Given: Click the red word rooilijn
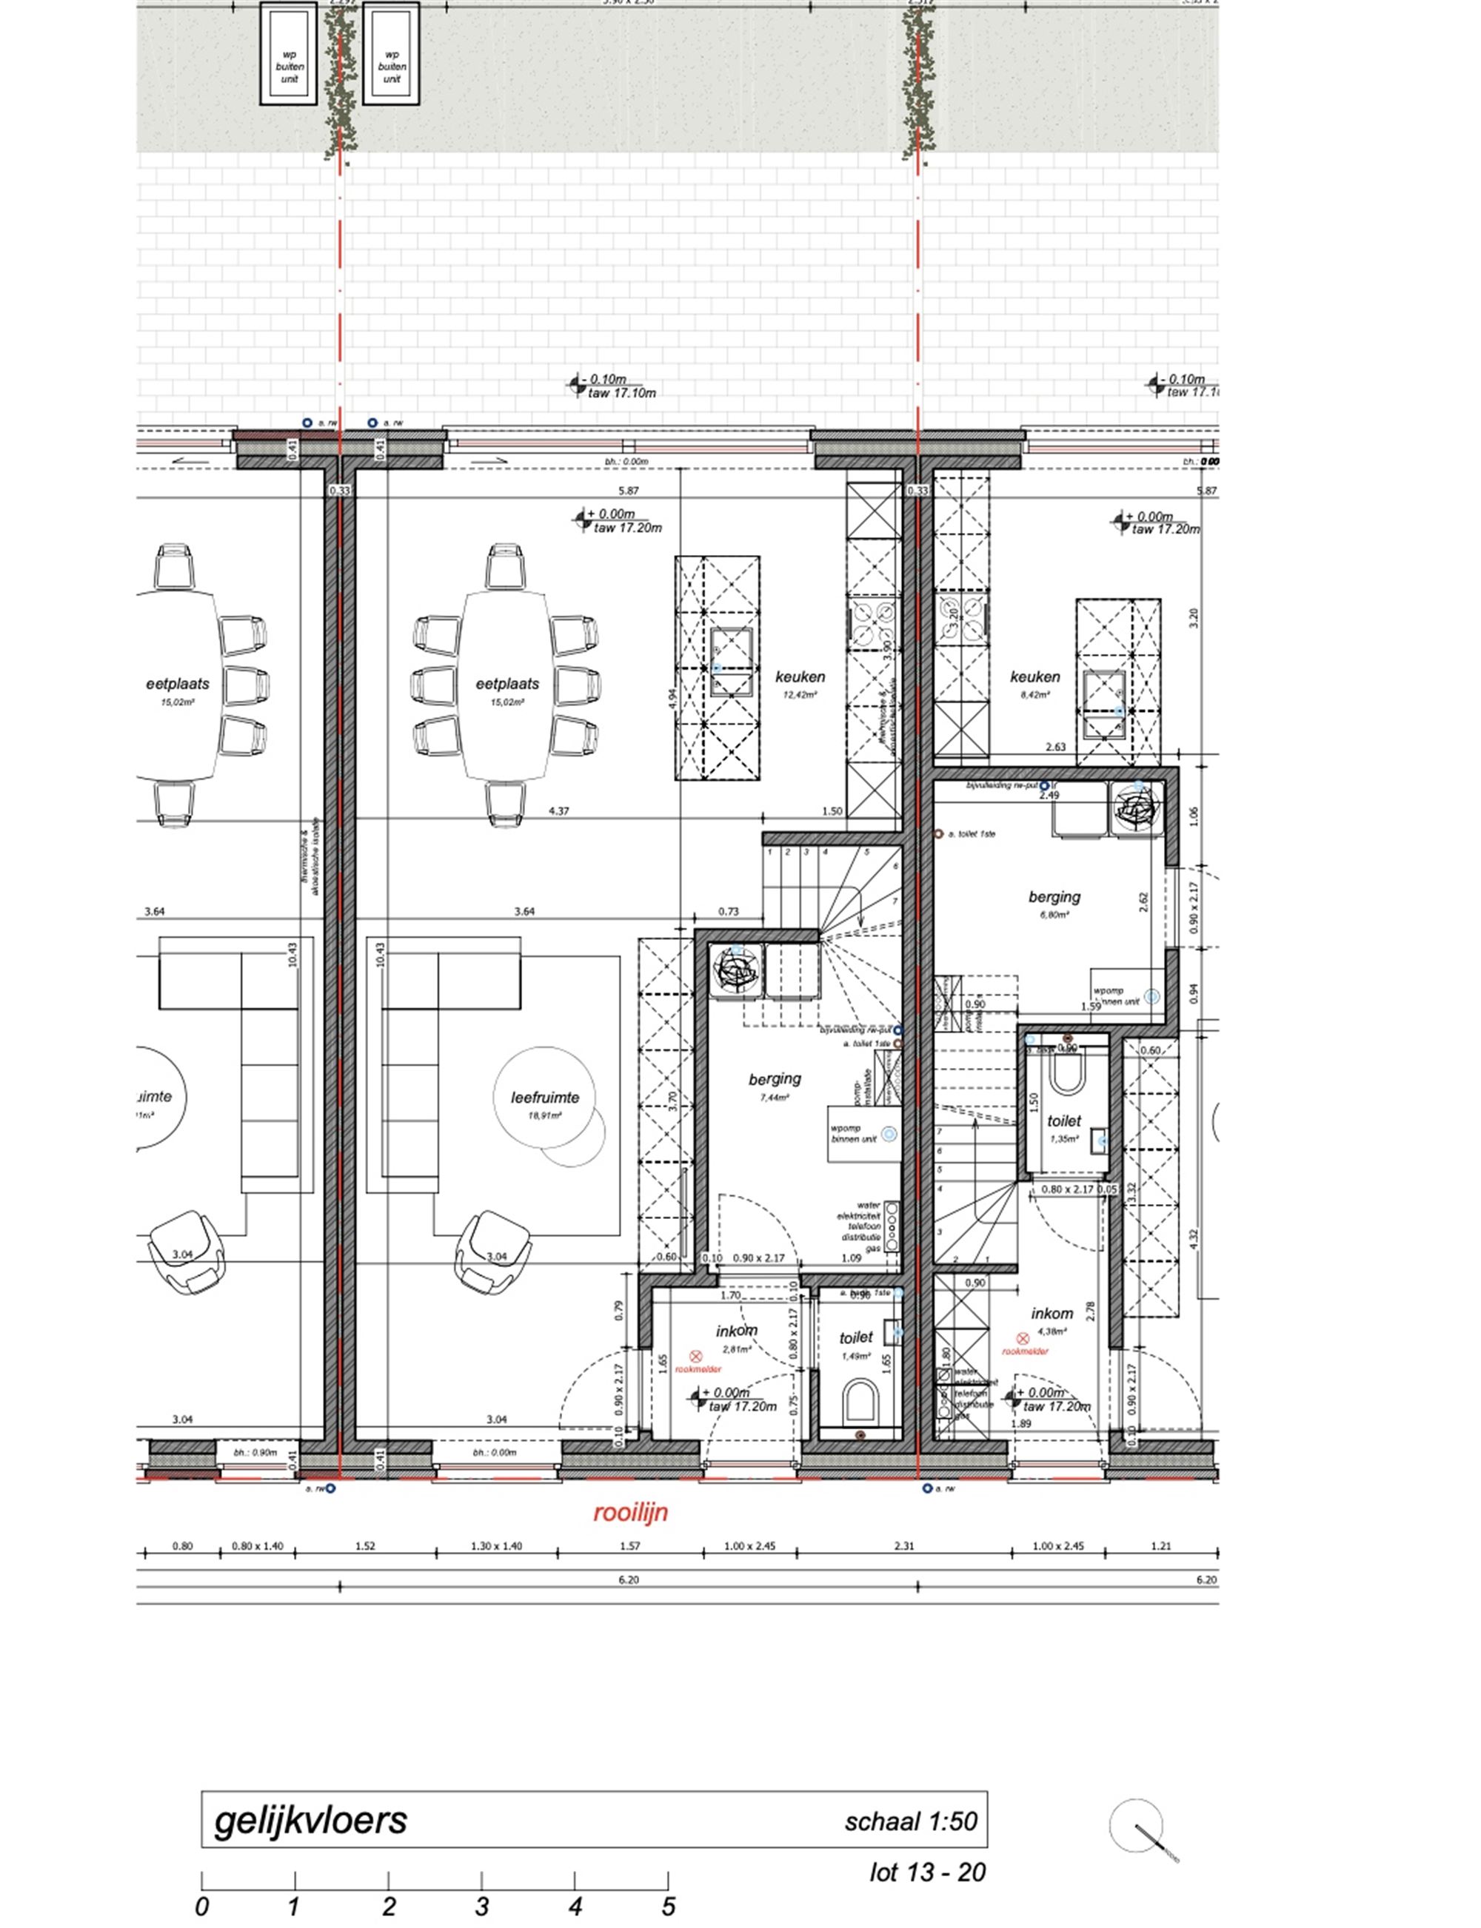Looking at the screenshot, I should pyautogui.click(x=629, y=1512).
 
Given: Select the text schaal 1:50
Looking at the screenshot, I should pyautogui.click(x=911, y=1821).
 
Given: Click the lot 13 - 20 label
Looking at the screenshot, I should pyautogui.click(x=927, y=1872).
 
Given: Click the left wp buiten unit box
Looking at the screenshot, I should pyautogui.click(x=289, y=54).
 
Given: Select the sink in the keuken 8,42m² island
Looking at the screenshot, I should pyautogui.click(x=1106, y=703).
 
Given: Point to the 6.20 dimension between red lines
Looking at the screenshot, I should pyautogui.click(x=628, y=1579).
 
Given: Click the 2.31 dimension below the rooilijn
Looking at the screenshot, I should pyautogui.click(x=903, y=1545).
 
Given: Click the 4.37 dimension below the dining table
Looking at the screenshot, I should pyautogui.click(x=558, y=810).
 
